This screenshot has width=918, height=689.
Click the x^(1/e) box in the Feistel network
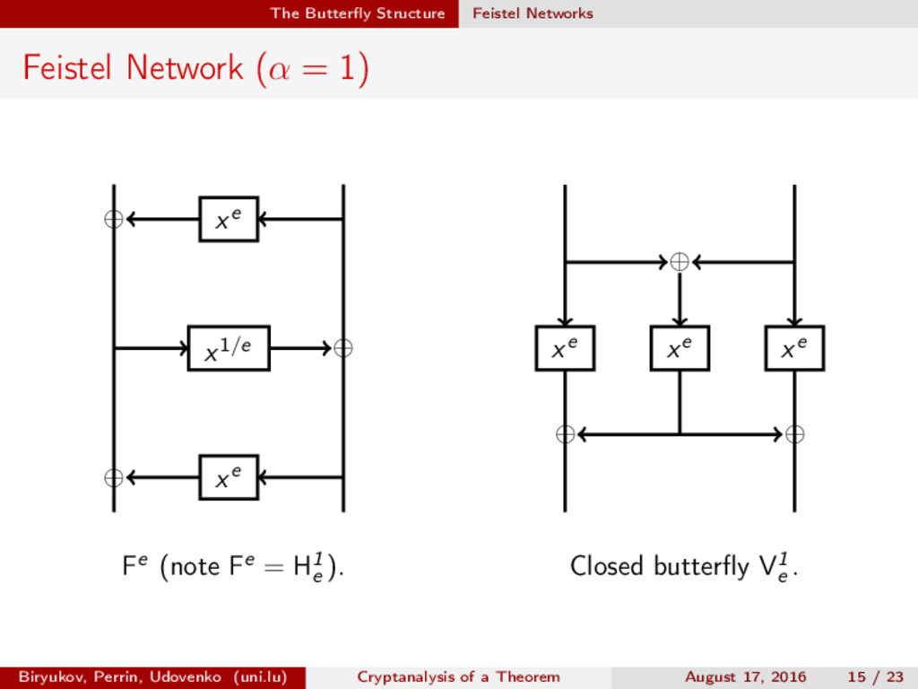click(228, 348)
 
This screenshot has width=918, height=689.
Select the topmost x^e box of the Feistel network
click(229, 219)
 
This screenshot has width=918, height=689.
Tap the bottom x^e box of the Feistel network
click(229, 477)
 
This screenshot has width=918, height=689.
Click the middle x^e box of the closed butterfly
click(680, 348)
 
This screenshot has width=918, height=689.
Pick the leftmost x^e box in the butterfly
click(565, 348)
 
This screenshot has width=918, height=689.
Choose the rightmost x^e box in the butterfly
click(794, 348)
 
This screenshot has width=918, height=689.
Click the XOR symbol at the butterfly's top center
click(680, 262)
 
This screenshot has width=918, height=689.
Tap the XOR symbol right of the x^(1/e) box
click(342, 348)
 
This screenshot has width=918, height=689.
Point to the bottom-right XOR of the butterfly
click(794, 435)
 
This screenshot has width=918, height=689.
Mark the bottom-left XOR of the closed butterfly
click(565, 435)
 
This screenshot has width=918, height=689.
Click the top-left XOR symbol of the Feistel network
click(114, 219)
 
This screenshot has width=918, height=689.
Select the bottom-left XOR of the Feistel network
click(114, 477)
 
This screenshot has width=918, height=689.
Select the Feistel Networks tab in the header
click(533, 13)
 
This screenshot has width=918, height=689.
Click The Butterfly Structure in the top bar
click(357, 13)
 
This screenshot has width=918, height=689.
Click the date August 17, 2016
click(745, 676)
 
